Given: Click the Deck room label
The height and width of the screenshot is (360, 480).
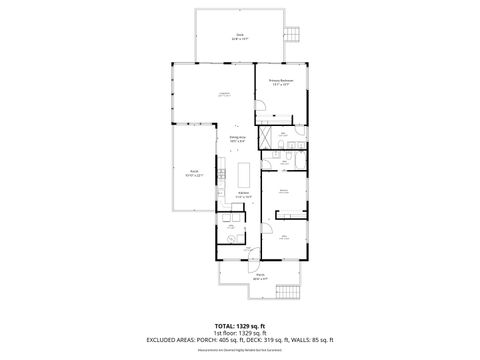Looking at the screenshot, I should pos(240,38).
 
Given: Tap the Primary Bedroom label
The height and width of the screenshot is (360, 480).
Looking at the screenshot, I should pos(279,85).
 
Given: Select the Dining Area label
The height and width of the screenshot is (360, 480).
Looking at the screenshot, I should pos(238,140).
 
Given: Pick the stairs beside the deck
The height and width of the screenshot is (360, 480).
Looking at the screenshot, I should pos(292,32).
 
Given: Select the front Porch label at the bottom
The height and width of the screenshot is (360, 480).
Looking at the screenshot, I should pos(259,277).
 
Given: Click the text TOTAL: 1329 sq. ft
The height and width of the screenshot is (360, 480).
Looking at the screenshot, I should pos(240,326).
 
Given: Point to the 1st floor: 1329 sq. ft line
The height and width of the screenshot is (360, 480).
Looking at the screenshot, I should pos(240,333).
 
